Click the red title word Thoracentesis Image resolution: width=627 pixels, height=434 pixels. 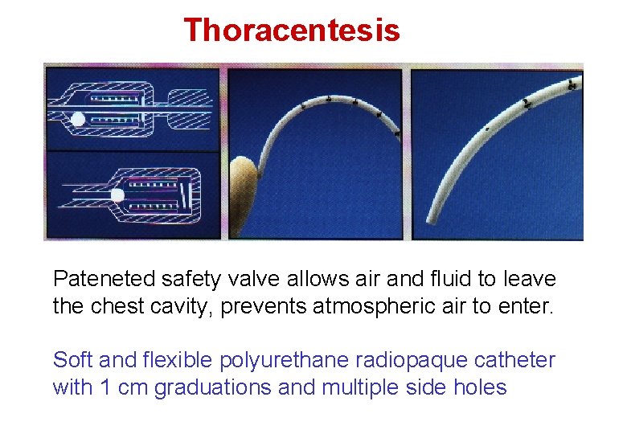(291, 31)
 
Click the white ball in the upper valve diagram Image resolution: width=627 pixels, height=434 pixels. (78, 120)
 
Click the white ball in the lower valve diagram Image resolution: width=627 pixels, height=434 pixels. (117, 194)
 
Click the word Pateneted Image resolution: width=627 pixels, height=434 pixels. (93, 280)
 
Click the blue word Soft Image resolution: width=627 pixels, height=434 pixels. (72, 360)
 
